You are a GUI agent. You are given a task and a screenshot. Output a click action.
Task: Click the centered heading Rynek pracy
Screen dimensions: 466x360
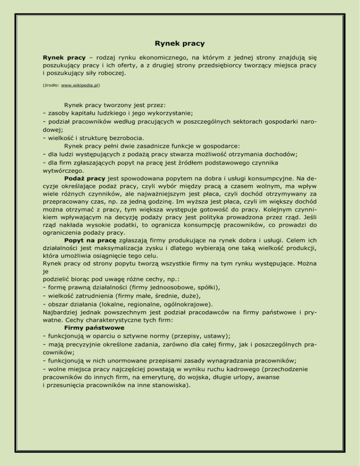pyautogui.click(x=180, y=44)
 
